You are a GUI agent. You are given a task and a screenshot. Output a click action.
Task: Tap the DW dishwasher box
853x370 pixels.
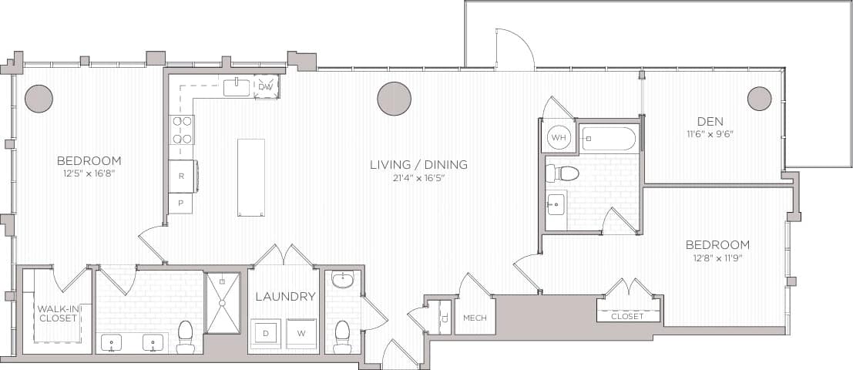pyautogui.click(x=266, y=86)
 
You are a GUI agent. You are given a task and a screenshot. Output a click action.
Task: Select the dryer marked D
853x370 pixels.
pyautogui.click(x=265, y=333)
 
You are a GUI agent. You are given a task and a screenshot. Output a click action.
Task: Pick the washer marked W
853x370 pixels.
pyautogui.click(x=301, y=333)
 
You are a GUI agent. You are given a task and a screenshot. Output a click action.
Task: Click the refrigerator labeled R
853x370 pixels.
pyautogui.click(x=181, y=176)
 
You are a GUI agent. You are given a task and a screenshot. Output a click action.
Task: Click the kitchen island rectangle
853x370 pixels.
pyautogui.click(x=251, y=177)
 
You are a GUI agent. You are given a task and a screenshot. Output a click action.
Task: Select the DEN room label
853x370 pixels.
pyautogui.click(x=710, y=121)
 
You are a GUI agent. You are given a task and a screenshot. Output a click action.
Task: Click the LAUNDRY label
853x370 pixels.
pyautogui.click(x=284, y=296)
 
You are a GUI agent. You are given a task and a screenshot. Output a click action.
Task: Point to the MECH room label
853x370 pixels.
pyautogui.click(x=474, y=318)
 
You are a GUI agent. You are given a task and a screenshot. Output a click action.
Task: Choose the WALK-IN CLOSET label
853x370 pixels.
pyautogui.click(x=57, y=313)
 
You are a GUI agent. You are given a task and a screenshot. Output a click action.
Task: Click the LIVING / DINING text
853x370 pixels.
pyautogui.click(x=418, y=164)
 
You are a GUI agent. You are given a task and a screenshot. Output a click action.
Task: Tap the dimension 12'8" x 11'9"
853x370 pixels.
pyautogui.click(x=717, y=258)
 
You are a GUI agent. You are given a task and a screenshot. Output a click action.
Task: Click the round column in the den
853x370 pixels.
pyautogui.click(x=759, y=98)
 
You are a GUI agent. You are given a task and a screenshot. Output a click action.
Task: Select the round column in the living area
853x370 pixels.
pyautogui.click(x=394, y=99)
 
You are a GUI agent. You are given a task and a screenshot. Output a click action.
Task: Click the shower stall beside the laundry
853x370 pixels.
pyautogui.click(x=223, y=303)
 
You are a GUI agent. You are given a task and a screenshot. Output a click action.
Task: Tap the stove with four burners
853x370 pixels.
pyautogui.click(x=182, y=129)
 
